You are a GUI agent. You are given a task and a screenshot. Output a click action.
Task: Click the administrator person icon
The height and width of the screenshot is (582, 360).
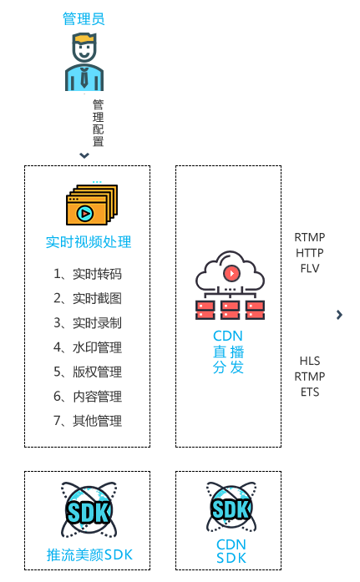(x=84, y=62)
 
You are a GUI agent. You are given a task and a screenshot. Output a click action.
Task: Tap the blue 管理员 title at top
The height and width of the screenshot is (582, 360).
(x=84, y=18)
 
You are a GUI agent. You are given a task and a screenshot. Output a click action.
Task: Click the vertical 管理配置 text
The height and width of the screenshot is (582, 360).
(x=98, y=123)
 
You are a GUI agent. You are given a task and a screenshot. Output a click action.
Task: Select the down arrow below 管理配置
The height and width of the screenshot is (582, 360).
(x=84, y=155)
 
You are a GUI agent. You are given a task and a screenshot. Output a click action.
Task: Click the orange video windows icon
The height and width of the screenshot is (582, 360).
(x=92, y=205)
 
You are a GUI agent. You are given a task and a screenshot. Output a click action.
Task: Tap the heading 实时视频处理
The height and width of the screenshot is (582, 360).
(x=89, y=242)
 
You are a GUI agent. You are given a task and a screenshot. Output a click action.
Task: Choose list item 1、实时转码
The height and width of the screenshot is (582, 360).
(x=88, y=274)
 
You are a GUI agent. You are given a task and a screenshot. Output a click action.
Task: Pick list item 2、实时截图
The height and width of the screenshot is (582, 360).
(x=88, y=298)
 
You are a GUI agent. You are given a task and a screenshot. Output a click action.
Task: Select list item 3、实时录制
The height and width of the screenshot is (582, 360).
(x=88, y=323)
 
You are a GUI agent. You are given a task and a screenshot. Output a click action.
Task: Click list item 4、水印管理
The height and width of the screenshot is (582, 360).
(x=88, y=347)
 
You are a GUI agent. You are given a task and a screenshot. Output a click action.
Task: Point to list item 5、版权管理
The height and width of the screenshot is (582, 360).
(x=88, y=372)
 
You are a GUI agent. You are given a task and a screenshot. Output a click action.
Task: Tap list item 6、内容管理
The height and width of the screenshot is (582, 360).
(x=88, y=397)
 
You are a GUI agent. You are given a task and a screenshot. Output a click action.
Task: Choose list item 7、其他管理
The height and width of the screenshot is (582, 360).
(x=88, y=421)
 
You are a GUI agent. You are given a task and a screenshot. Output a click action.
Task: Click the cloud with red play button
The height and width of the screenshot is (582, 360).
(x=230, y=271)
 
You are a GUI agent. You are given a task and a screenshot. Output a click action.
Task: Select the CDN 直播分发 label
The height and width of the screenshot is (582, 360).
(x=228, y=352)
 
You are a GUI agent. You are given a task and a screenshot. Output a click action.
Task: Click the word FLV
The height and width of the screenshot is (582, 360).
(x=310, y=268)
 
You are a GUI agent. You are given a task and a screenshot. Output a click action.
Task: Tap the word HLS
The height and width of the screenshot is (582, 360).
(x=310, y=361)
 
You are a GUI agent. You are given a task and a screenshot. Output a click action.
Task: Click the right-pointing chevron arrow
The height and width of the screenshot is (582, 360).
(x=339, y=315)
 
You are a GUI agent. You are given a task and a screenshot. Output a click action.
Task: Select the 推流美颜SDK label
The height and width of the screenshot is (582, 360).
(x=89, y=555)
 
